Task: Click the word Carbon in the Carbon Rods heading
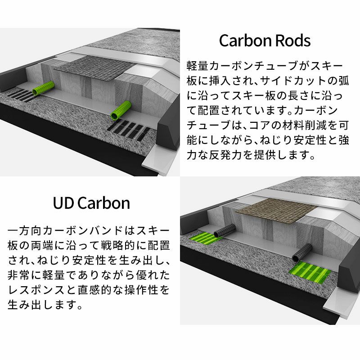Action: (x=243, y=41)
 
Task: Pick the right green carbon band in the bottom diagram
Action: (x=310, y=272)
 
